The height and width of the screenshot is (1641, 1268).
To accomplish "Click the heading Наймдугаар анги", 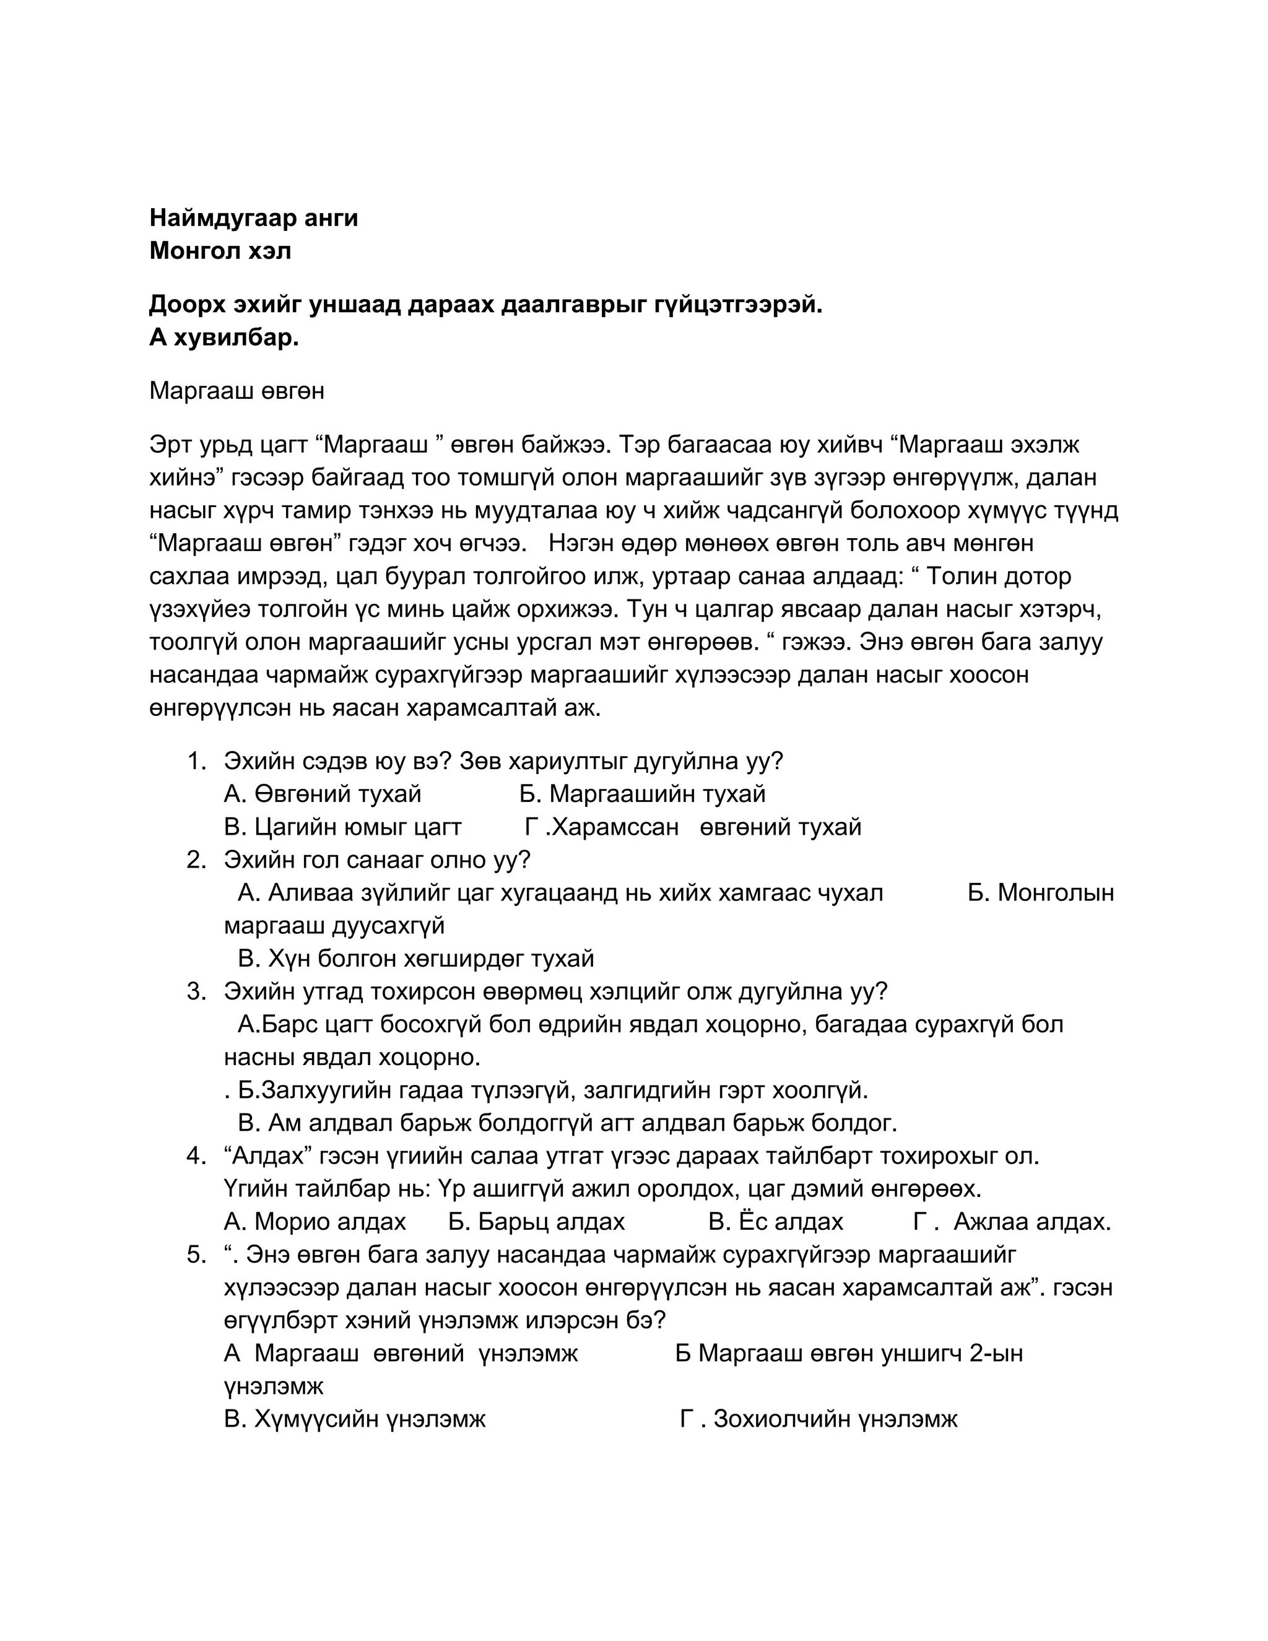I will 253,218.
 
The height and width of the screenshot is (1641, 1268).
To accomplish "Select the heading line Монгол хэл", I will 220,250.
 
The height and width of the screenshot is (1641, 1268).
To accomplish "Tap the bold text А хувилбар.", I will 224,338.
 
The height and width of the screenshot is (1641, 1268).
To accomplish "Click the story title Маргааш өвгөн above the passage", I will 237,391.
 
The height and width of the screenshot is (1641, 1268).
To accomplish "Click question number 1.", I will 196,761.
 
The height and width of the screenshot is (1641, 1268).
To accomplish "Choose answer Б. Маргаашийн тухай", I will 642,794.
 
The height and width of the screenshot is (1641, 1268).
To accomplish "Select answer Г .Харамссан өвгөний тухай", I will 693,827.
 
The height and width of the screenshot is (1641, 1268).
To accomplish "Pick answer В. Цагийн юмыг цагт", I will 342,827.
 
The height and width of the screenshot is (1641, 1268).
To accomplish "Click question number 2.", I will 196,860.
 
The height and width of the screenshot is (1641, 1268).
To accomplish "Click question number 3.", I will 196,992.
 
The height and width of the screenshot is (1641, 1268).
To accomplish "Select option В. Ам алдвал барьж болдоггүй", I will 567,1123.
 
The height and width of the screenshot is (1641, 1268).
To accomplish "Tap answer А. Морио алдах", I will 315,1222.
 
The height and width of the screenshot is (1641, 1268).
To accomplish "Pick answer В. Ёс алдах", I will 775,1222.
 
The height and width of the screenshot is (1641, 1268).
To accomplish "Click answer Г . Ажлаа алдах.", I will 1011,1222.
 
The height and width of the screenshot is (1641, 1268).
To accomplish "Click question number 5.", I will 196,1255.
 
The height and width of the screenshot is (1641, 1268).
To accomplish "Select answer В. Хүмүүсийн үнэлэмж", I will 355,1419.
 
